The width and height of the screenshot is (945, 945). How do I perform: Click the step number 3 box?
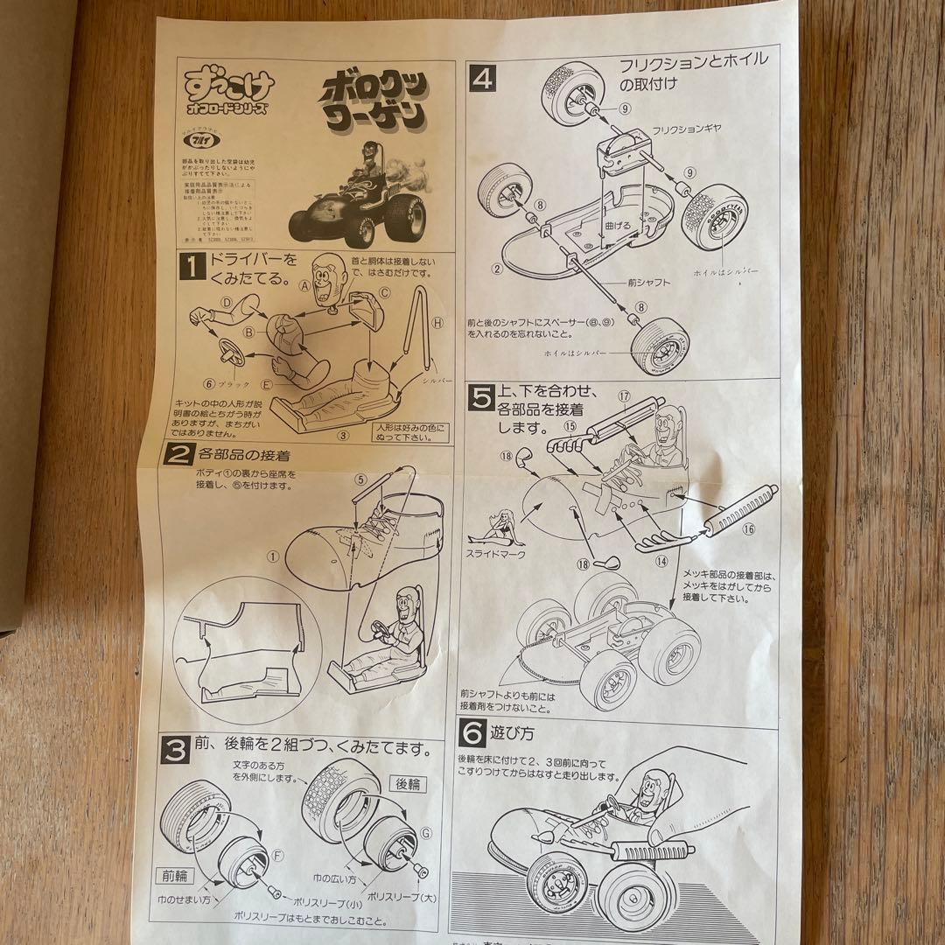[176, 750]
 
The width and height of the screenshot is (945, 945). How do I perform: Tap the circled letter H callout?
[437, 323]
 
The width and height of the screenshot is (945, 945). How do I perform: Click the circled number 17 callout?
[624, 396]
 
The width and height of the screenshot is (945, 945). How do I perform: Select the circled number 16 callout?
[748, 529]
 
